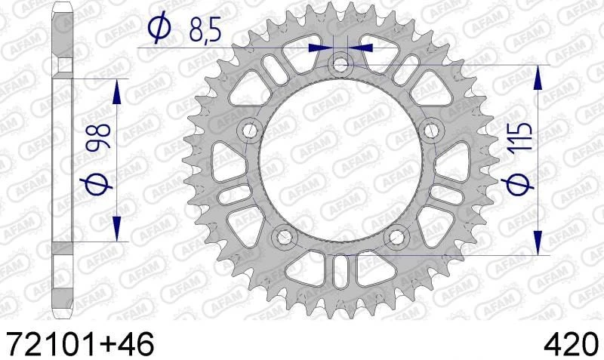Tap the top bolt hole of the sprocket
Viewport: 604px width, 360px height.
pyautogui.click(x=341, y=65)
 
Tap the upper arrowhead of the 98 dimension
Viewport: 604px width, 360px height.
pyautogui.click(x=116, y=92)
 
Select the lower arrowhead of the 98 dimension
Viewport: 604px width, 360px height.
pyautogui.click(x=116, y=227)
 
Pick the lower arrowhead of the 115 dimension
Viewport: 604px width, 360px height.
pyautogui.click(x=538, y=243)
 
